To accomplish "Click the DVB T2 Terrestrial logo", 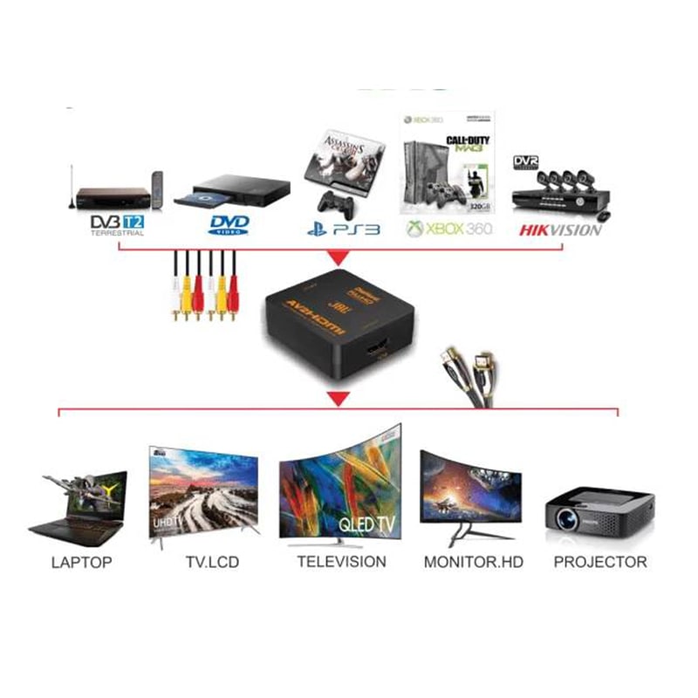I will click(117, 224).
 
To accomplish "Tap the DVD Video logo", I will click(229, 225).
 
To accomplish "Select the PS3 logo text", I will click(344, 229).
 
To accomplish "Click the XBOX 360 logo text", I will click(449, 229).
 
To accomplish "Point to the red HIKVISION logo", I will click(560, 230).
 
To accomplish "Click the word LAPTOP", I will click(81, 562).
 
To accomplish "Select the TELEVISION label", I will click(341, 561).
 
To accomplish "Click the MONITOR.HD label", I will click(473, 562).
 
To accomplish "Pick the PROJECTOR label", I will click(600, 562).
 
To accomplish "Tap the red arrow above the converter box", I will click(336, 259).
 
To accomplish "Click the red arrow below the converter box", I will click(336, 400).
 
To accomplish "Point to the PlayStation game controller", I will click(334, 205).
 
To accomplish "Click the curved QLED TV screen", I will click(341, 489).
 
